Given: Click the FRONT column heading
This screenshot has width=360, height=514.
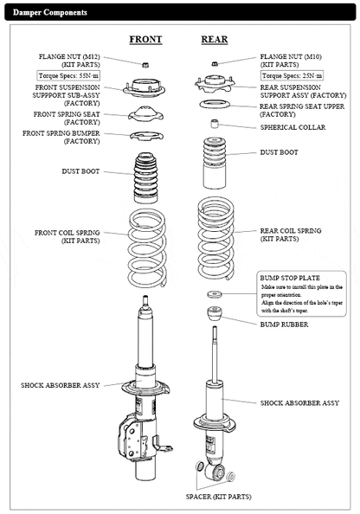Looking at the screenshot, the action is pos(145,39).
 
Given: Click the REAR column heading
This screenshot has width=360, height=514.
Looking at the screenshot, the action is pos(215,39).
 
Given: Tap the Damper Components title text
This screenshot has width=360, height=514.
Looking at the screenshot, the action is pos(50,12).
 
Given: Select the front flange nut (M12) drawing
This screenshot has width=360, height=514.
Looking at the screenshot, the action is pos(145,65).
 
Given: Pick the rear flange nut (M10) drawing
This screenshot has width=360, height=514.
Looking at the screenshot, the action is pos(215,63).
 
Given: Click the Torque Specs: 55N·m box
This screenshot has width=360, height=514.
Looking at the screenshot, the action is pos(68,76).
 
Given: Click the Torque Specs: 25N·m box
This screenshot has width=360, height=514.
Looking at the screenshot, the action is pos(292,76).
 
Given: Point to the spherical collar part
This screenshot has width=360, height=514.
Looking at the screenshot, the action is pos(215,125).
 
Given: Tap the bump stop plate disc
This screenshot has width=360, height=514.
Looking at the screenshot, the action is pos(215,294).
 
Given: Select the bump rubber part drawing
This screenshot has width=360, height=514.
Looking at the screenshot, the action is pos(215,314).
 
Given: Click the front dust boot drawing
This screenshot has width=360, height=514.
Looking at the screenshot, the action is pos(145,178).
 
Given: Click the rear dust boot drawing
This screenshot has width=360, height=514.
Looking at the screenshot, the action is pos(215,163).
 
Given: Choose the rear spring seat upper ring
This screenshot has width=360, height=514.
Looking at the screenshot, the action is pos(215,105).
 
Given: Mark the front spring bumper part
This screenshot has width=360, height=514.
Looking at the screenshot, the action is pos(146,136).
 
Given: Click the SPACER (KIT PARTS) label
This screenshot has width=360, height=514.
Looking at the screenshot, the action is pos(218,497).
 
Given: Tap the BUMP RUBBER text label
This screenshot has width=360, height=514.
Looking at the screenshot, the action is pos(284,324).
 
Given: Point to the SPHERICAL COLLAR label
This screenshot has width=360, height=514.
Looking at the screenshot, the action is pos(292,127).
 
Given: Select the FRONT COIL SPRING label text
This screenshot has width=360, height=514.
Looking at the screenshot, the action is pos(67,233).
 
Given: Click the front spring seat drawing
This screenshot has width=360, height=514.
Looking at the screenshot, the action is pos(145,113).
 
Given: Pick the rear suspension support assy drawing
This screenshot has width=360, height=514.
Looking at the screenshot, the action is pos(215,84).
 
